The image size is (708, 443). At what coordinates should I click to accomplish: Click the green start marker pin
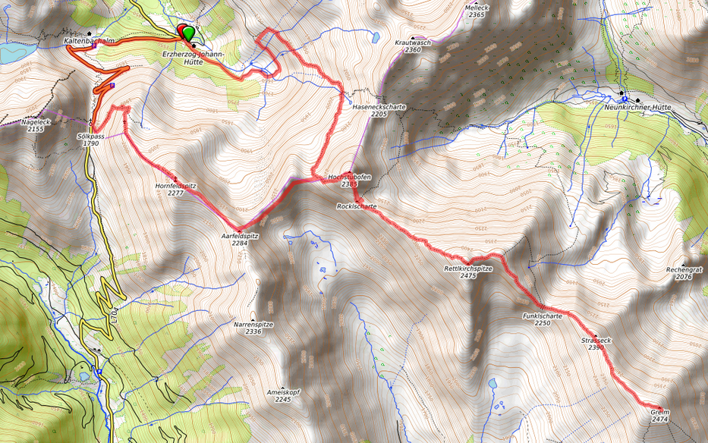(188, 33)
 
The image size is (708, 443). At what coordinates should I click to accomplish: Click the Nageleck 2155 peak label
(36, 125)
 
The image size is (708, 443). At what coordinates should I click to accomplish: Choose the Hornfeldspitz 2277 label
(175, 188)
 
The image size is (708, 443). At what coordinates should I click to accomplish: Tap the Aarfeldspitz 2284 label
(239, 240)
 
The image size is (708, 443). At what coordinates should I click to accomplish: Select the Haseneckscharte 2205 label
(379, 110)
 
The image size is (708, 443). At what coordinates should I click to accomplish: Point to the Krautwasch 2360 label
(413, 46)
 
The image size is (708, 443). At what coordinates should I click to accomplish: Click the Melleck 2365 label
(477, 11)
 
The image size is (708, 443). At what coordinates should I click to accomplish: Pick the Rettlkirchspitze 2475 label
(468, 272)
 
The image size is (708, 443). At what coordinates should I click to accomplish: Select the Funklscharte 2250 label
(542, 319)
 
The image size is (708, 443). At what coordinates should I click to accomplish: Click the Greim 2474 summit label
(659, 415)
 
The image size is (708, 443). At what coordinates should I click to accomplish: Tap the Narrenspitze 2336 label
(253, 328)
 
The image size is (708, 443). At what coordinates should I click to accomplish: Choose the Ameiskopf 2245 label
(283, 395)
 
